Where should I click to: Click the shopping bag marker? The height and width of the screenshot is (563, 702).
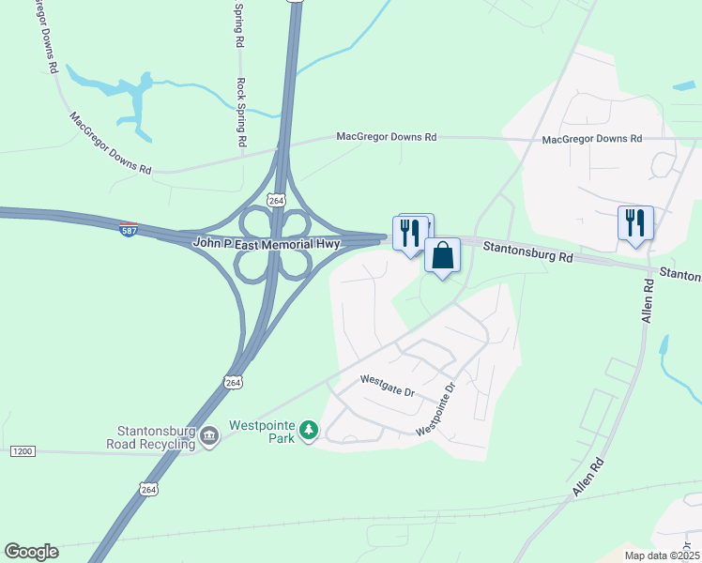pyautogui.click(x=441, y=255)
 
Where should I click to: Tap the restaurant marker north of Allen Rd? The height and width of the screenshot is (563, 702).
pyautogui.click(x=635, y=223)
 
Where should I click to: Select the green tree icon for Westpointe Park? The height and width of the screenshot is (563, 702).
pyautogui.click(x=308, y=432)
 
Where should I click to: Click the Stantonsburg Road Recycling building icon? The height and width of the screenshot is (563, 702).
pyautogui.click(x=208, y=434)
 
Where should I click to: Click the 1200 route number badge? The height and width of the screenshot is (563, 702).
pyautogui.click(x=23, y=451)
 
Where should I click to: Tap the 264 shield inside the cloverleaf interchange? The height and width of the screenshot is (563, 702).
pyautogui.click(x=275, y=201)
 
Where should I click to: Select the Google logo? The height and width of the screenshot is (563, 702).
pyautogui.click(x=31, y=552)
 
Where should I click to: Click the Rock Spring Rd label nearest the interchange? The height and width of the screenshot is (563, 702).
pyautogui.click(x=242, y=113)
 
